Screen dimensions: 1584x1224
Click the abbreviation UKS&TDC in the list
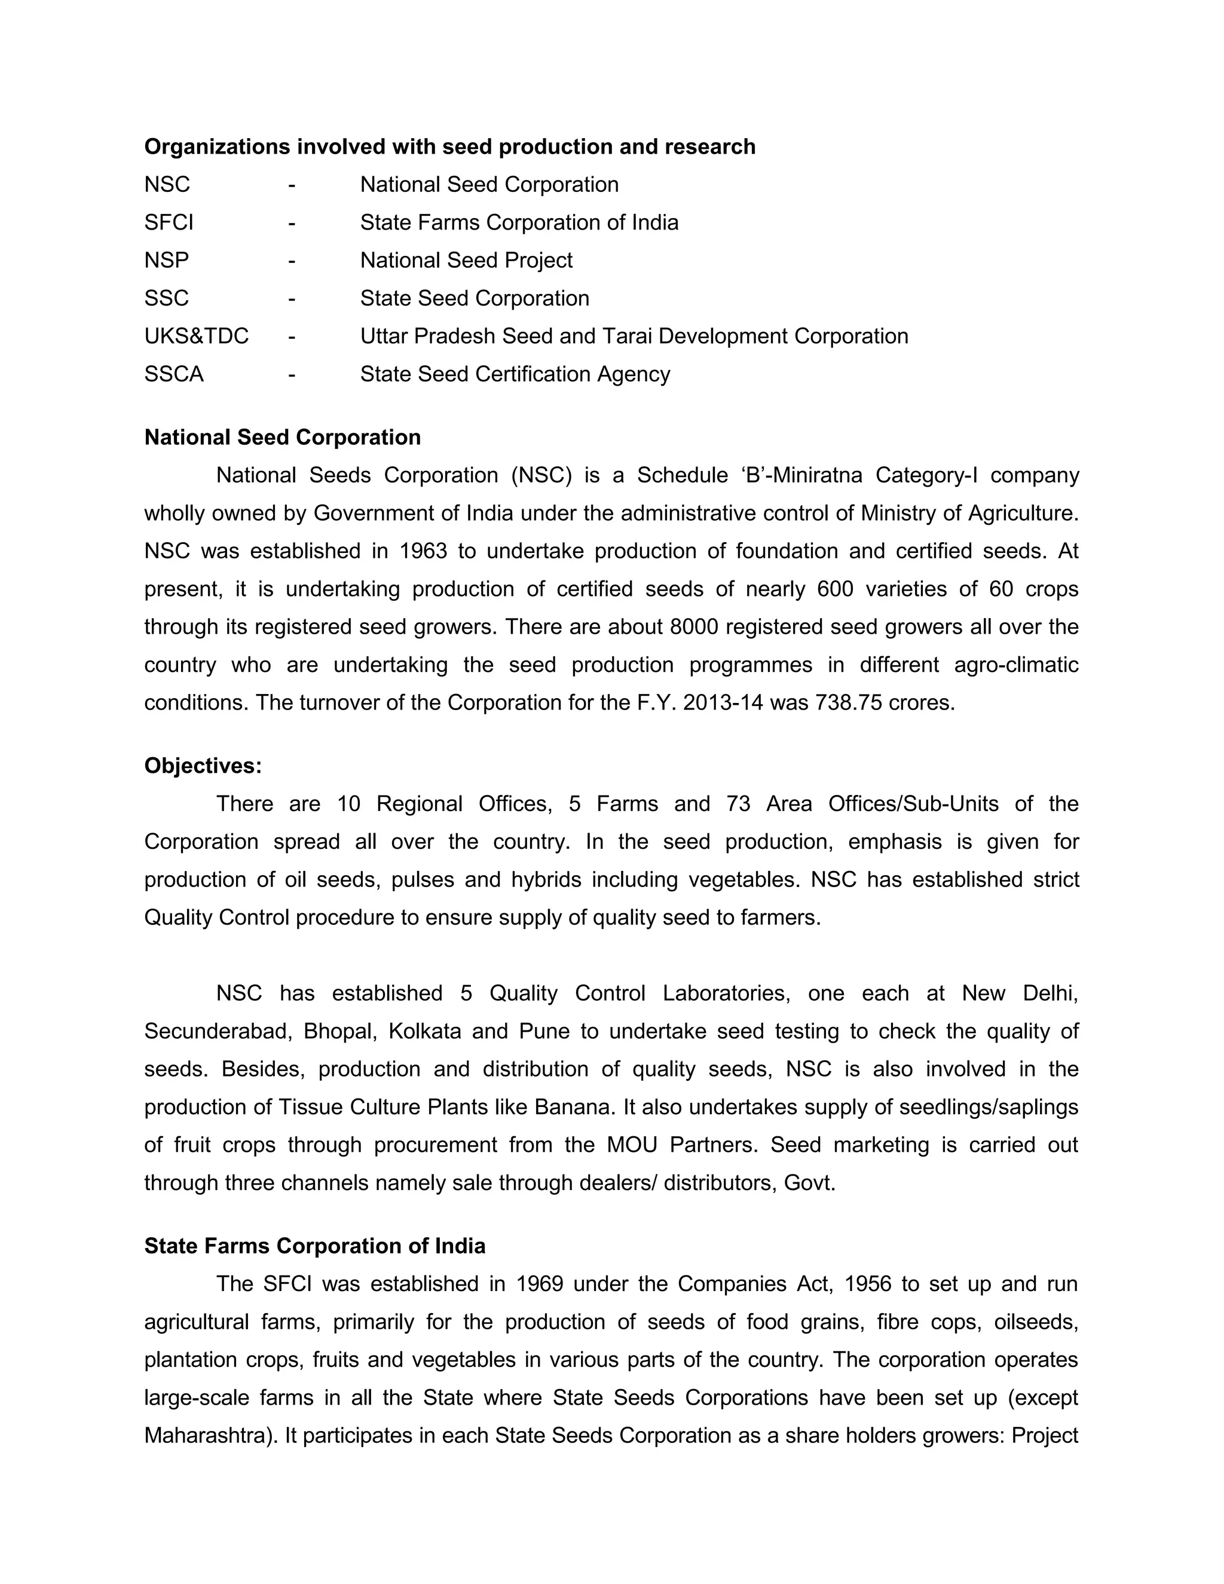tap(196, 336)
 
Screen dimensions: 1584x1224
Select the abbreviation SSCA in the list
tap(173, 374)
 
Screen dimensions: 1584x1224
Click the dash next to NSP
tap(291, 261)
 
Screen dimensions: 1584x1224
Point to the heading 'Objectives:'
tap(203, 765)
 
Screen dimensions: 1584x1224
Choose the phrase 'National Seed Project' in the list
tap(466, 261)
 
